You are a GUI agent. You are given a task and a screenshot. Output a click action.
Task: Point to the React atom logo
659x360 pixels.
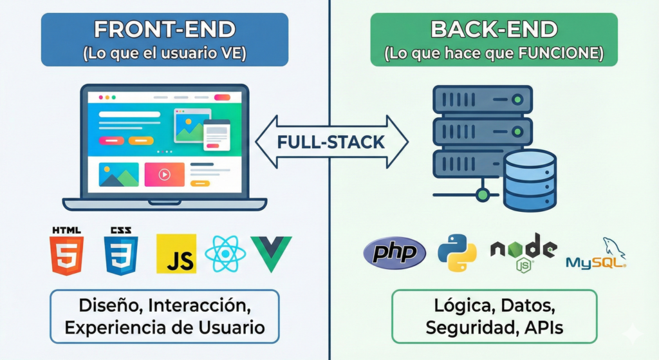click(225, 253)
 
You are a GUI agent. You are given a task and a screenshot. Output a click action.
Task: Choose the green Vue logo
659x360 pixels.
click(271, 254)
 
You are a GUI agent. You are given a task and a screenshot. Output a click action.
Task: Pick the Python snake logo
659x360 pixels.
click(457, 252)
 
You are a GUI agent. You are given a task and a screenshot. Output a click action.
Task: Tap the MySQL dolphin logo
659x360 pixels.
click(596, 254)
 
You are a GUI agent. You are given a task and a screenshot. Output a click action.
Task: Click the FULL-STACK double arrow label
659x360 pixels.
click(331, 142)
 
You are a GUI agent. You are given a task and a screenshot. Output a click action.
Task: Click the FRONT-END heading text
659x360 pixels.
click(164, 30)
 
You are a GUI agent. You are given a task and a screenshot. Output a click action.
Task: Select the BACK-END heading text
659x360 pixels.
click(494, 30)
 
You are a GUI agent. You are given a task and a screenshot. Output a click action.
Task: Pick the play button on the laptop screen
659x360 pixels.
click(164, 175)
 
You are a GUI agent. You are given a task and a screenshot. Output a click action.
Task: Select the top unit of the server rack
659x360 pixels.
click(481, 100)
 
